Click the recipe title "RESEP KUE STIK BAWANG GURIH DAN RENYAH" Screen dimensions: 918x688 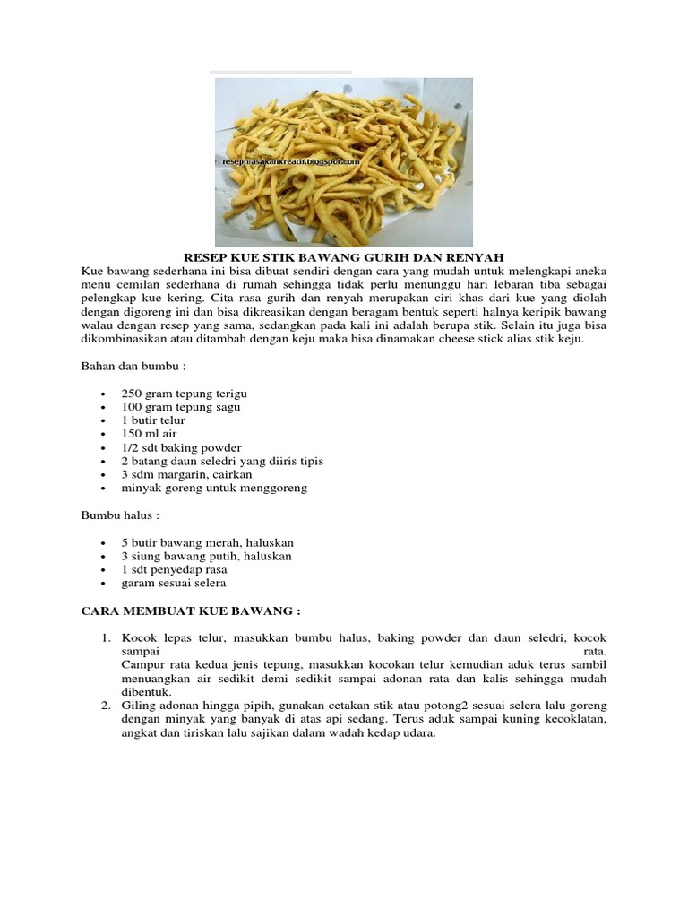344,256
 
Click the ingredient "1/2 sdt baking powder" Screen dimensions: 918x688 181,447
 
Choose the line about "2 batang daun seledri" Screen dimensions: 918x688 222,461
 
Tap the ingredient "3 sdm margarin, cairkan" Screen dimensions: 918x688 186,474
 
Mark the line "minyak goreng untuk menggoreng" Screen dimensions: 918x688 214,488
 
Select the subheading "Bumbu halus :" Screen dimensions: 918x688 118,515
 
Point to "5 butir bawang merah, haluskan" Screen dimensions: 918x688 207,542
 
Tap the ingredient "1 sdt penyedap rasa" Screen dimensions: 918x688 174,569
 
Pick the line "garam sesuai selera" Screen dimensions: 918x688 174,583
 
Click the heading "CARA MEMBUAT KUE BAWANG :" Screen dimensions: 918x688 190,611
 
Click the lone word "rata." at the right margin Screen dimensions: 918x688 595,652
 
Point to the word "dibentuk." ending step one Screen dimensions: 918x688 145,692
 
